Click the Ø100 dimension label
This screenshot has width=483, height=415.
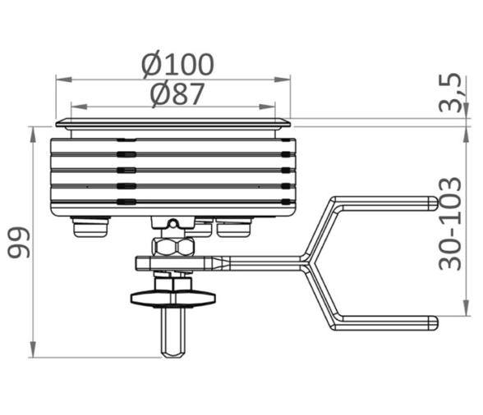(177, 65)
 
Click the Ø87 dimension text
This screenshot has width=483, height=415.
(177, 93)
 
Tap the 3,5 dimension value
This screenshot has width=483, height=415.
(450, 93)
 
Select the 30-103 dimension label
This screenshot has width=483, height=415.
(450, 224)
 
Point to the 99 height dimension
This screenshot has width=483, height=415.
(19, 242)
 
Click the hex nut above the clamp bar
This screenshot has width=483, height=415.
(172, 247)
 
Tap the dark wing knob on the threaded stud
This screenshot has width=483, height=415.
(172, 298)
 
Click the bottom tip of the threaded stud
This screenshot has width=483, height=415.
(172, 357)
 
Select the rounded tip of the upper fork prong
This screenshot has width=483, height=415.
(435, 203)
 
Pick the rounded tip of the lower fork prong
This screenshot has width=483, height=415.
(435, 323)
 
